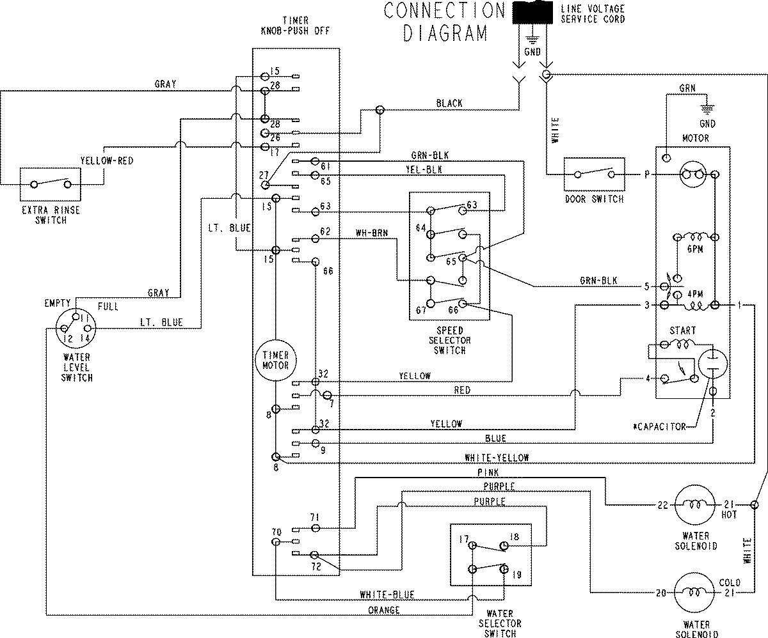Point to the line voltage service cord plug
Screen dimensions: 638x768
click(533, 15)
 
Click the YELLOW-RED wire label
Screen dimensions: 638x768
click(107, 161)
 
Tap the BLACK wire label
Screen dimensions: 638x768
click(449, 103)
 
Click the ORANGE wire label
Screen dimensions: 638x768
click(384, 610)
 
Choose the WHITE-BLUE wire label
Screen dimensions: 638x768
click(387, 595)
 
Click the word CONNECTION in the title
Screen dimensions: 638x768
click(444, 12)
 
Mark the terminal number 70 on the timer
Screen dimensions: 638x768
click(276, 531)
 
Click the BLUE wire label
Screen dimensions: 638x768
click(495, 439)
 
